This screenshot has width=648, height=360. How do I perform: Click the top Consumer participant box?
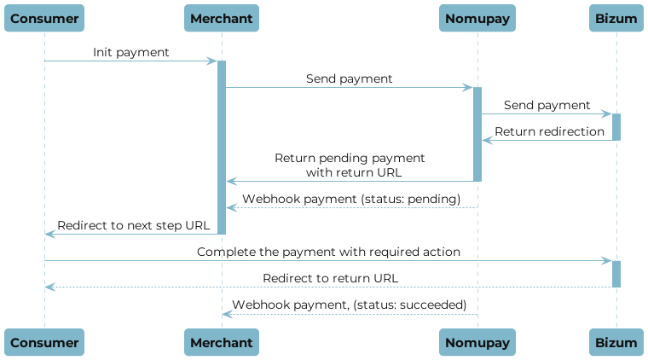44,18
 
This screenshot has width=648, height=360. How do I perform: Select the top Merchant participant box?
222,18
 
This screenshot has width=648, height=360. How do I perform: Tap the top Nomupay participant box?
477,18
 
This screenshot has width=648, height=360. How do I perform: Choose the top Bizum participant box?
616,18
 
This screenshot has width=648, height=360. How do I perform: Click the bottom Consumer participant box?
44,342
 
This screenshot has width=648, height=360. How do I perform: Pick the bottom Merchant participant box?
222,342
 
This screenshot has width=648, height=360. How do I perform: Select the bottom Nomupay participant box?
477,342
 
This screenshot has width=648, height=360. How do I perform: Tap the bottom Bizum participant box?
616,342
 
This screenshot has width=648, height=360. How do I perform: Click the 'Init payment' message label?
131,53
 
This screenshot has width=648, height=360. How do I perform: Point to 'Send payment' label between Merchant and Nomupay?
350,78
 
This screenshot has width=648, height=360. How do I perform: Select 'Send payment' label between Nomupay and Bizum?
547,105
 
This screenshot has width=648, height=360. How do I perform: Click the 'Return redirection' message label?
550,131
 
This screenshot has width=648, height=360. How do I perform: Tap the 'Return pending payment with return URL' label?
350,165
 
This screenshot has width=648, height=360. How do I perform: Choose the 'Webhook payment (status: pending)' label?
351,199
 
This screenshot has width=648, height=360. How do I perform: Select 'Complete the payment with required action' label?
329,252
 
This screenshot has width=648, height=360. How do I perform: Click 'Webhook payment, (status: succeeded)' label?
350,305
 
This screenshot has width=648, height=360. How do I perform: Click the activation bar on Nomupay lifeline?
477,134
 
